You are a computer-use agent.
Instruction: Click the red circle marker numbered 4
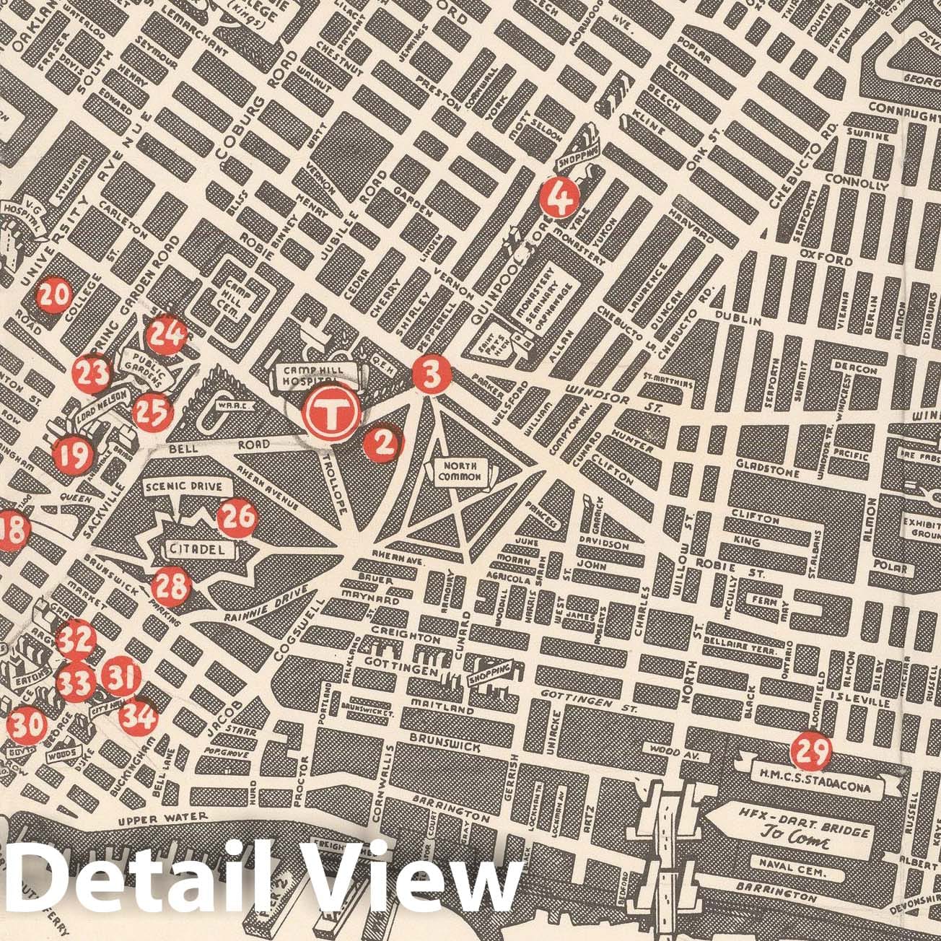560,196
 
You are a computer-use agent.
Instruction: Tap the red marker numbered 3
432,375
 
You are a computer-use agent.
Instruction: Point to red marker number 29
810,752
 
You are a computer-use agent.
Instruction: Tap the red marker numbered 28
172,586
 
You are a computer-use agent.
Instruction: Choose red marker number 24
167,334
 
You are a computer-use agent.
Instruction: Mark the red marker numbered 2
382,444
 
